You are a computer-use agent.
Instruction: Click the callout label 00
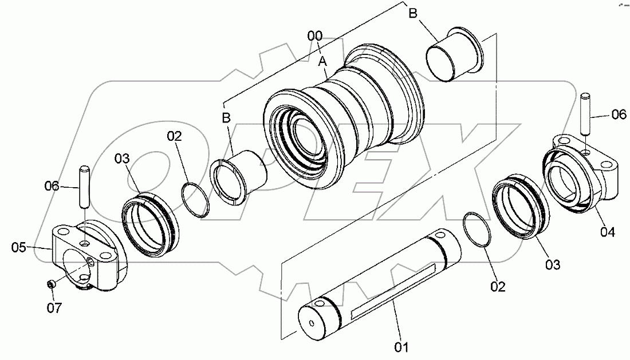tap(315, 36)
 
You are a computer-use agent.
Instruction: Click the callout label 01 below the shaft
tap(401, 346)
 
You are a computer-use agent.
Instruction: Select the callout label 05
tap(19, 247)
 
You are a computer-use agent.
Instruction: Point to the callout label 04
tap(608, 232)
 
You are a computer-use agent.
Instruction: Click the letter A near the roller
tap(323, 60)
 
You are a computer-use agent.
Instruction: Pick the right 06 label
tap(619, 114)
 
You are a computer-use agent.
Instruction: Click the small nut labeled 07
tap(51, 284)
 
